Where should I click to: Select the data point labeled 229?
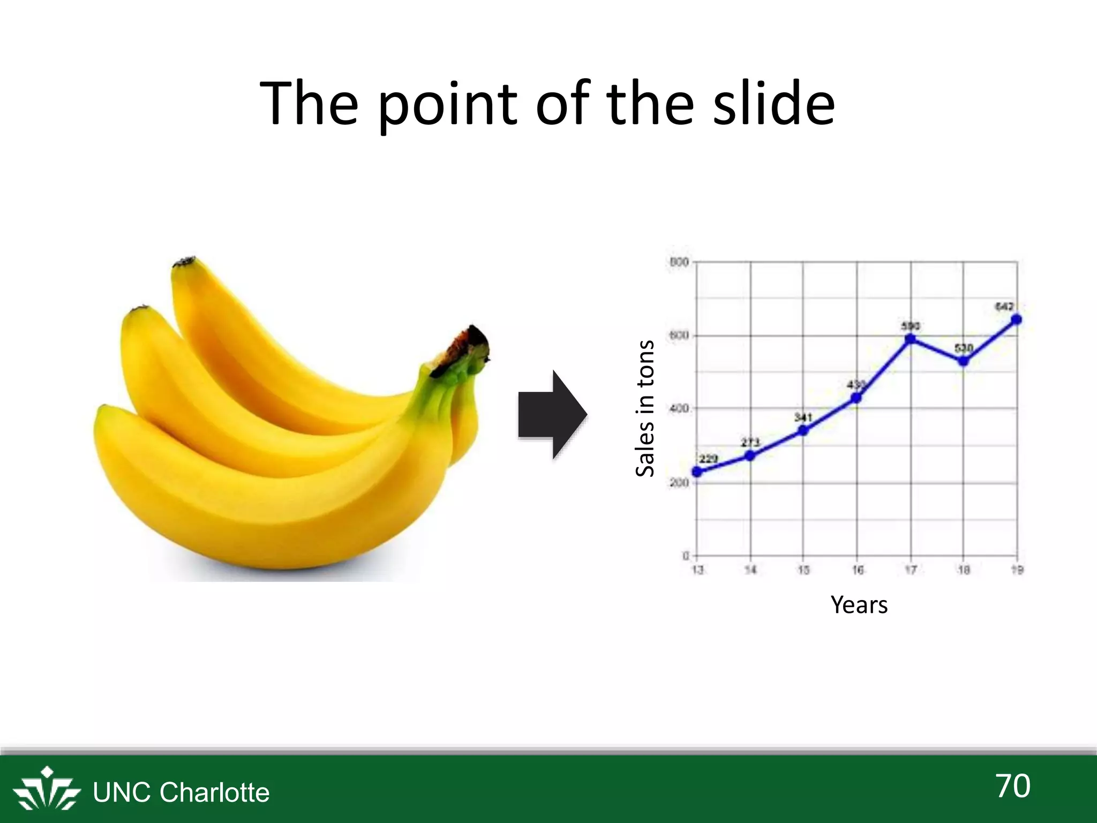697,472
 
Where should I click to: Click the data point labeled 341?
803,430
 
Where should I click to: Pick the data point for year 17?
910,339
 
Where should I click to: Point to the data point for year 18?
963,361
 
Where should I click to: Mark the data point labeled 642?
1016,320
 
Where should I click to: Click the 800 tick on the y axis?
679,262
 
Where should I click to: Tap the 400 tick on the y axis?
679,409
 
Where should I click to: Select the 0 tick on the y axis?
686,556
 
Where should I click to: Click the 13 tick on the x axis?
697,570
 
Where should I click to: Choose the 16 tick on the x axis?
858,570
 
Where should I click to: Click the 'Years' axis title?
859,605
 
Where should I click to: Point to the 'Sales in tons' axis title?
645,408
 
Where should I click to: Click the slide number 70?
1013,786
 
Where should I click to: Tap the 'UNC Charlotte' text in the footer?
181,792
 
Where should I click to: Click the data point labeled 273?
750,455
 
